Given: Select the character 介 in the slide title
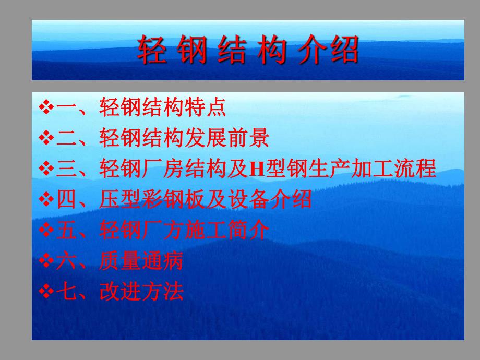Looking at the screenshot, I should coord(309,51).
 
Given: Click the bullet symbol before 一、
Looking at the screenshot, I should coord(47,107).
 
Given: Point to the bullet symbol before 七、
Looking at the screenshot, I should coord(47,292).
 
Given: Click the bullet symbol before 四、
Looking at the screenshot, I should coord(47,199).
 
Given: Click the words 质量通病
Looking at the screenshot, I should coord(141,261).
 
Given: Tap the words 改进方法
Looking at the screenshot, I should coord(141,292).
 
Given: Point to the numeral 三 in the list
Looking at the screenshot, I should coord(66,169).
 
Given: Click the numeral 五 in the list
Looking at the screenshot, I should coord(66,230).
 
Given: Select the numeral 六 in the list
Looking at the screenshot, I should coord(66,261).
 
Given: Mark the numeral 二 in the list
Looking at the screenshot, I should coord(66,138).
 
